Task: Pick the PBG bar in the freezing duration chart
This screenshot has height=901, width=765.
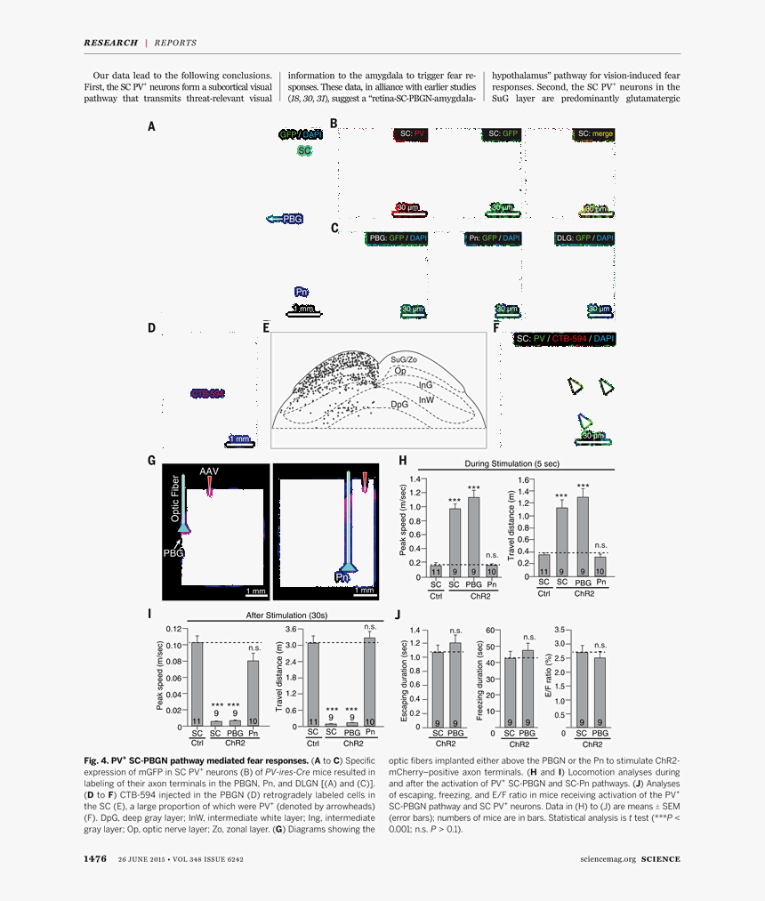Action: coord(527,688)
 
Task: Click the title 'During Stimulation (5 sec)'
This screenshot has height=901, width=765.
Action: coord(512,463)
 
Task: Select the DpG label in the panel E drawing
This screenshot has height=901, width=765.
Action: coord(399,404)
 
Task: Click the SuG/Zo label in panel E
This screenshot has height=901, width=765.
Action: coord(403,358)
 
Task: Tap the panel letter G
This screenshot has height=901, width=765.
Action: coord(152,460)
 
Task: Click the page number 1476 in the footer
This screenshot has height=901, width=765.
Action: coord(95,858)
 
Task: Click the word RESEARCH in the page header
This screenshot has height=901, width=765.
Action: coord(110,42)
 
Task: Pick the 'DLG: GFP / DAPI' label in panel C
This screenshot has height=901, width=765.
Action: coord(584,238)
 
